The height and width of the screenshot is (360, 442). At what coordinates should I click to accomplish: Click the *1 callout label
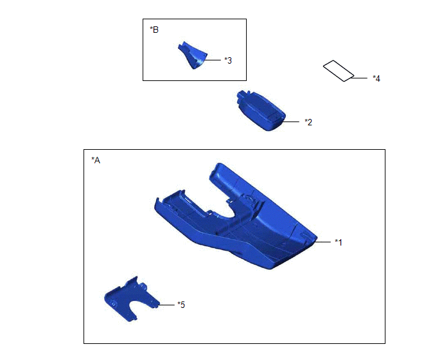click(x=339, y=242)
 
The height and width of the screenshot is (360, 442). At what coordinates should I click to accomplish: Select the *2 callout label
click(x=308, y=122)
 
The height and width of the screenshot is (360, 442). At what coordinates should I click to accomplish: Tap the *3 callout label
click(x=228, y=60)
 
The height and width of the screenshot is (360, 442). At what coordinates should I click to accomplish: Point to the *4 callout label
click(x=376, y=78)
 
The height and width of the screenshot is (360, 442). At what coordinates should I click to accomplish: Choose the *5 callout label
click(x=181, y=305)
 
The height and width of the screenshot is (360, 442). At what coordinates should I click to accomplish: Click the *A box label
click(x=96, y=160)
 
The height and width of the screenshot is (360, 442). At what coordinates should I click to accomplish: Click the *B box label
click(x=154, y=30)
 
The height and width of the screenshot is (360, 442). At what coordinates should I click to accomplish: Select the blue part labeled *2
click(x=261, y=111)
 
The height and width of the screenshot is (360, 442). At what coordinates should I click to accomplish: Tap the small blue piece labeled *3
click(x=193, y=56)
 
